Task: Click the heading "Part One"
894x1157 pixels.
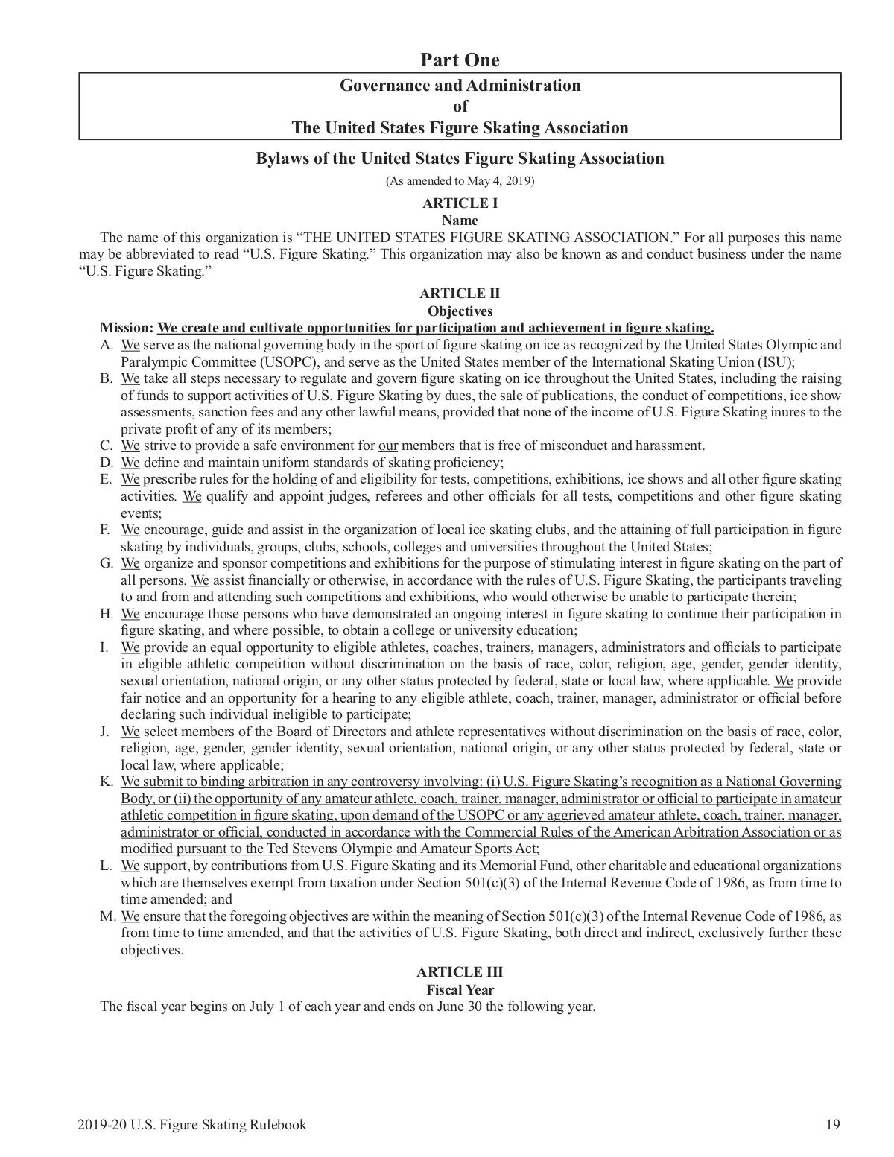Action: coord(460,60)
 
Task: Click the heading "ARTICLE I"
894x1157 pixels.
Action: coord(460,203)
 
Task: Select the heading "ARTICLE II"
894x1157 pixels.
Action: coord(460,294)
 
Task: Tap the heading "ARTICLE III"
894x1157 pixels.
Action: coord(460,971)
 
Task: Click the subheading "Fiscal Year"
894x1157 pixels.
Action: coord(460,989)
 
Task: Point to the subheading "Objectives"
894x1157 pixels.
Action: coord(460,311)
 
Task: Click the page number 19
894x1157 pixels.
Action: coord(833,1124)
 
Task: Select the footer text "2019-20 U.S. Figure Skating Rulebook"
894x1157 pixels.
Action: coord(191,1124)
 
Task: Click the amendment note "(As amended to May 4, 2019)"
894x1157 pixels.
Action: coord(460,180)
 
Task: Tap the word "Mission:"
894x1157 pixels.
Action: coord(127,328)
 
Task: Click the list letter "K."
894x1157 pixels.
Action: coord(107,782)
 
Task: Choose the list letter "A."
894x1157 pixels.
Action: coord(107,345)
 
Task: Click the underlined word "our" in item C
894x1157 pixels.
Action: coord(388,446)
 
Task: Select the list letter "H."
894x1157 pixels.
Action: coord(107,614)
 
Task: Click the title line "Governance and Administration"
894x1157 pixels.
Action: coord(460,85)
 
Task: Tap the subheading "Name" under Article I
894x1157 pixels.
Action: coord(460,220)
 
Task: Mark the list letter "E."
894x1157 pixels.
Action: coord(107,479)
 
